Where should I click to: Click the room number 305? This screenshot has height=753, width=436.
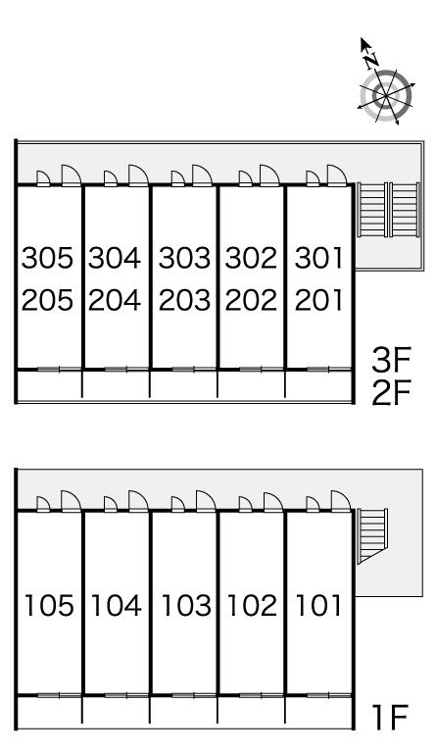47,258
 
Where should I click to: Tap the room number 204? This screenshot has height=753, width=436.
115,300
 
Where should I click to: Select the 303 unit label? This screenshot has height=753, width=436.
184,258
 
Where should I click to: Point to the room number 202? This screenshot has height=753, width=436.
252,300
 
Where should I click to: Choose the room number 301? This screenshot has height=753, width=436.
319,258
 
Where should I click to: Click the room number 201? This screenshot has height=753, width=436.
319,300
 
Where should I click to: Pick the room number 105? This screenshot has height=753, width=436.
49,606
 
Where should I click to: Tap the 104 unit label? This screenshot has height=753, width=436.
117,606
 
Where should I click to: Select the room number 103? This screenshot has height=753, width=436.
186,606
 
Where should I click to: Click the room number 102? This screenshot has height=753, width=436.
253,606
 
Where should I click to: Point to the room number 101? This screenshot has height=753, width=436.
319,606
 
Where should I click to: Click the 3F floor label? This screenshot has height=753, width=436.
391,360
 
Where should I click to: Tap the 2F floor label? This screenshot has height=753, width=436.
391,393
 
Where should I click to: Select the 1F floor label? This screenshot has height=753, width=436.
390,717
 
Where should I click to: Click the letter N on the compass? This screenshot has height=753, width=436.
370,61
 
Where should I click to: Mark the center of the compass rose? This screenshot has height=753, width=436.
386,96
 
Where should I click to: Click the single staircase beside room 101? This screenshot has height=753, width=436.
372,536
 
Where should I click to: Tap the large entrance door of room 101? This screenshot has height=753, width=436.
341,501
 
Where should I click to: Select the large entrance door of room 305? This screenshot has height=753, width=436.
72,176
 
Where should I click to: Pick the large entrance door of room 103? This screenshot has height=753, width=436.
207,501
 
